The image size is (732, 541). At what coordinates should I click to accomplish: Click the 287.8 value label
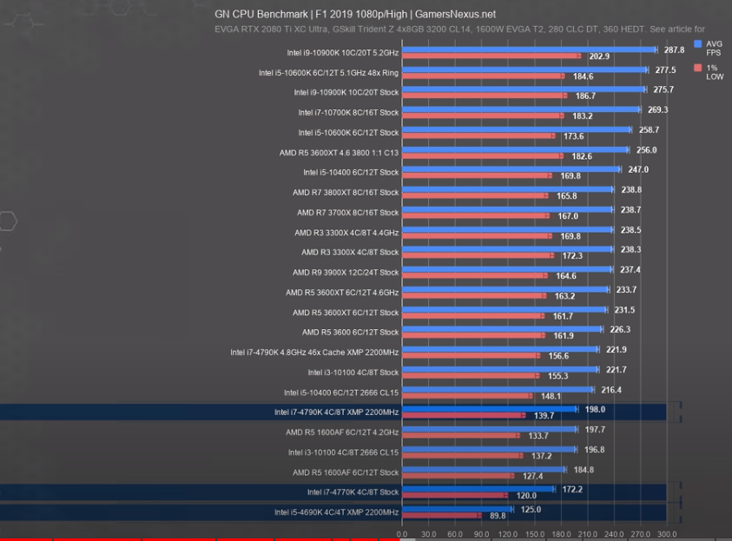pos(674,50)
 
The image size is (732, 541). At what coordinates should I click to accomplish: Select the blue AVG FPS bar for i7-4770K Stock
pos(477,489)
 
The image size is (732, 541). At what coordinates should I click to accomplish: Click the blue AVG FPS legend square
pos(698,43)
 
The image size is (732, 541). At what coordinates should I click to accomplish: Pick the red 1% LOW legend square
pos(698,67)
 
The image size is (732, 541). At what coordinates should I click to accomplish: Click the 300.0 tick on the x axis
pos(666,534)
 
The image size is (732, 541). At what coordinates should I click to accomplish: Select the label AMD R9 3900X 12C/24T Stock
pos(346,272)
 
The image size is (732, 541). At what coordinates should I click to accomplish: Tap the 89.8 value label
pos(498,516)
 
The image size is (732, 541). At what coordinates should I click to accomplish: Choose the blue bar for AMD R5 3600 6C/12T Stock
pos(501,329)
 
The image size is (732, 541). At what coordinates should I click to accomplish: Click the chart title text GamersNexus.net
pos(455,14)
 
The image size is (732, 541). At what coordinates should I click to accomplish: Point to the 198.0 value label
pos(596,409)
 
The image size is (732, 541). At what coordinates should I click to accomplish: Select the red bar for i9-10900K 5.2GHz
pos(491,56)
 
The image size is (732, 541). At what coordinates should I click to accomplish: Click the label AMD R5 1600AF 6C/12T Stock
pos(346,472)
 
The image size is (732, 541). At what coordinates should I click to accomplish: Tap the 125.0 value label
pos(531,510)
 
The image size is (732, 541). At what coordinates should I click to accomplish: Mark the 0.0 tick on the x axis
pos(401,534)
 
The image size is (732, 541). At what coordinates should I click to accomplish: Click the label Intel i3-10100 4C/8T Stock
pos(353,373)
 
